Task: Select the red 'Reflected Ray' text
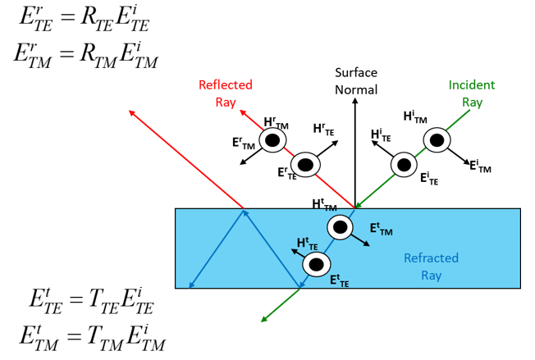click(225, 93)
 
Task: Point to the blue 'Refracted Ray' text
click(431, 267)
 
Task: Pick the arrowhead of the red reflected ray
click(132, 112)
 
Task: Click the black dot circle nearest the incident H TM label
click(437, 141)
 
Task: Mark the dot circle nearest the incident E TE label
click(404, 164)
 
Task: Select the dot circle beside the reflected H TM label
click(272, 141)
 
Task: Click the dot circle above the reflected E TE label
click(306, 165)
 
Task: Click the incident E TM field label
click(480, 166)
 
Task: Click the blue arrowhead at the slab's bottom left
click(191, 285)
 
